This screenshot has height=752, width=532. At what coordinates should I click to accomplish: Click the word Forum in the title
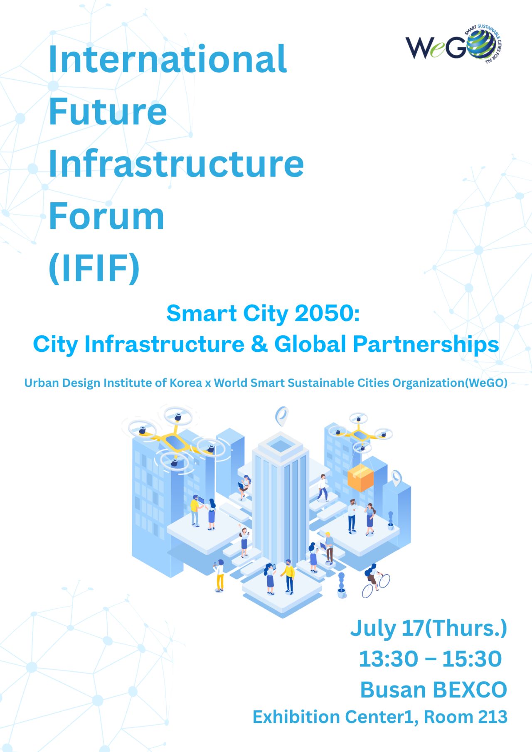pos(107,216)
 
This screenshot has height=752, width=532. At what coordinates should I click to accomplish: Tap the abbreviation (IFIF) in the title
pos(94,268)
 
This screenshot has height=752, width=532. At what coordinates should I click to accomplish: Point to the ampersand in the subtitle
pos(260,344)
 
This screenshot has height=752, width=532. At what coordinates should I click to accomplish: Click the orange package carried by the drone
pos(360,478)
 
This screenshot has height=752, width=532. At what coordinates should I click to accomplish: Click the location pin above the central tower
pos(282,416)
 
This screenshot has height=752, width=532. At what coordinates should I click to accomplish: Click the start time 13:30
pos(388,659)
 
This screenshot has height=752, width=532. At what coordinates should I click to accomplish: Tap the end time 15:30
pos(472,659)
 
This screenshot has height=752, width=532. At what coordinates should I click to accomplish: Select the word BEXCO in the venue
pos(470,690)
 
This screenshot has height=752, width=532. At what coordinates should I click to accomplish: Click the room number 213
pos(493,717)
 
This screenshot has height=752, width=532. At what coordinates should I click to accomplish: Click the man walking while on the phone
pos(323,488)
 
